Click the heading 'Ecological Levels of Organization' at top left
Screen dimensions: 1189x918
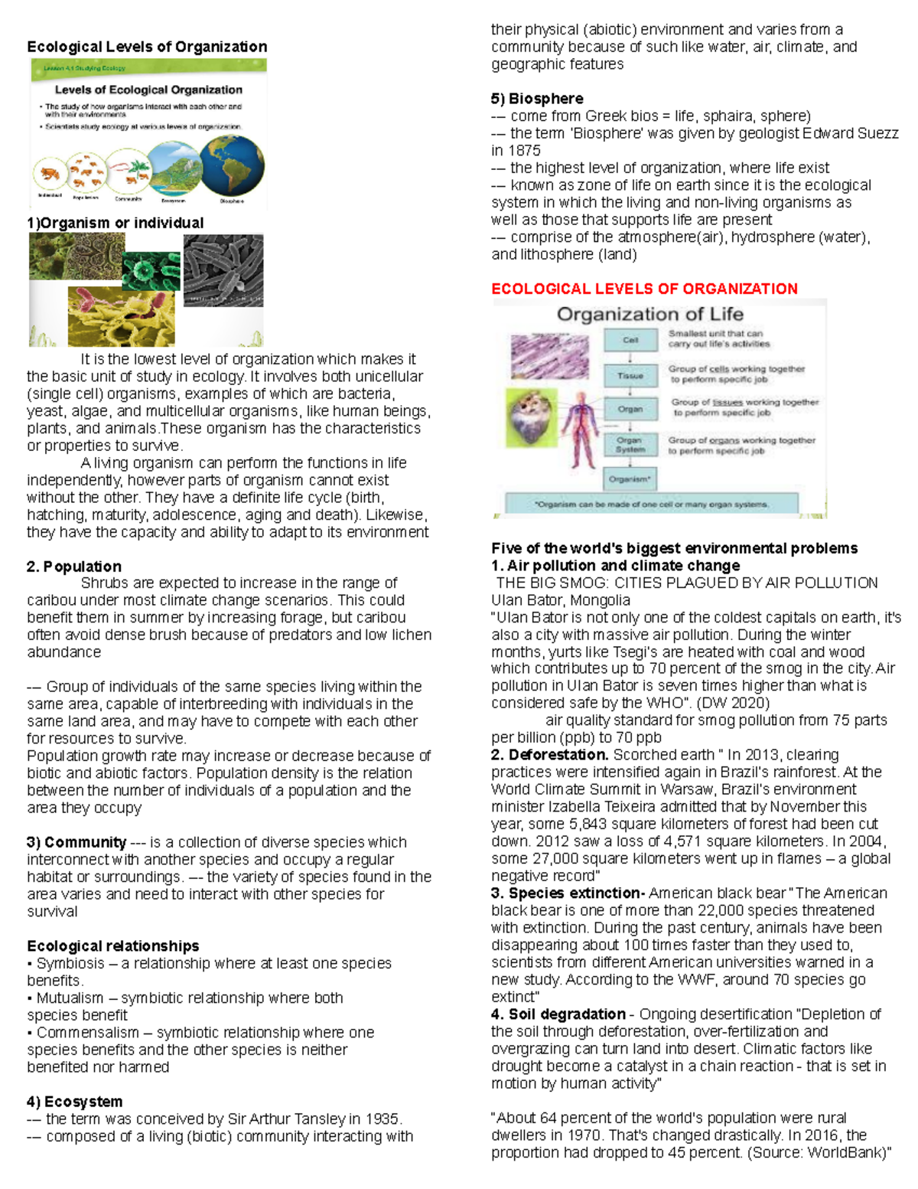(x=147, y=47)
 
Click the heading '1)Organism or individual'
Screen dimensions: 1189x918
(x=115, y=223)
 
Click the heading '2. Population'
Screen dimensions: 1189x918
(x=73, y=567)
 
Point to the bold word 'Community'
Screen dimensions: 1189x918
(x=85, y=842)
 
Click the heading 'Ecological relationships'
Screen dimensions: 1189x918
(x=112, y=946)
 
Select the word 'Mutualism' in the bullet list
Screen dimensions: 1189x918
(x=70, y=998)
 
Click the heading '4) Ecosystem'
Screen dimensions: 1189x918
(x=74, y=1102)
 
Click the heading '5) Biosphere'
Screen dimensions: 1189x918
(x=536, y=99)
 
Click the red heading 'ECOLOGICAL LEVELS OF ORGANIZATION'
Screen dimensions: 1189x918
(x=644, y=289)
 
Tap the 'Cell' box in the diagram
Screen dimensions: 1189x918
(x=630, y=341)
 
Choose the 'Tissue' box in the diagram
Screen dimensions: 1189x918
(x=630, y=376)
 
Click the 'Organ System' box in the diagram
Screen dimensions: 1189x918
(x=630, y=445)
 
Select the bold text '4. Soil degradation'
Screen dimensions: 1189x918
(x=558, y=1014)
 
